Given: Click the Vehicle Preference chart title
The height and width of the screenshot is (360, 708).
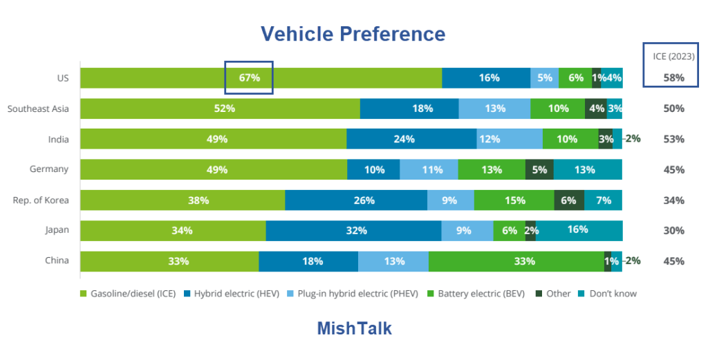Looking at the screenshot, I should tap(353, 34).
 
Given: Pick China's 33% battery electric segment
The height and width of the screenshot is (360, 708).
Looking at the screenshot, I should tap(516, 261).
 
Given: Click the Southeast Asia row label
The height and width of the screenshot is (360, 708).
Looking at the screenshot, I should tap(38, 108).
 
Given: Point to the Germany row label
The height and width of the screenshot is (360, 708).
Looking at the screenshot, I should tap(49, 169).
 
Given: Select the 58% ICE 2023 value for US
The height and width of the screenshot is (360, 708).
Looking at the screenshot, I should tap(673, 78).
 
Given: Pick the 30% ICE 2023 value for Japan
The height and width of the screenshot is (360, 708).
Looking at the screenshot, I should tap(673, 231).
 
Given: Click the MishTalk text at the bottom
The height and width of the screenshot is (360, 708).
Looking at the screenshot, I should tap(354, 328).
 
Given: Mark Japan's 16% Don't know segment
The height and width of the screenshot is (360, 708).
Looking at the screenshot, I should tap(579, 231).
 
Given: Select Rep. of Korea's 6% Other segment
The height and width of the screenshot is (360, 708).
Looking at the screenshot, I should tap(569, 200).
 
